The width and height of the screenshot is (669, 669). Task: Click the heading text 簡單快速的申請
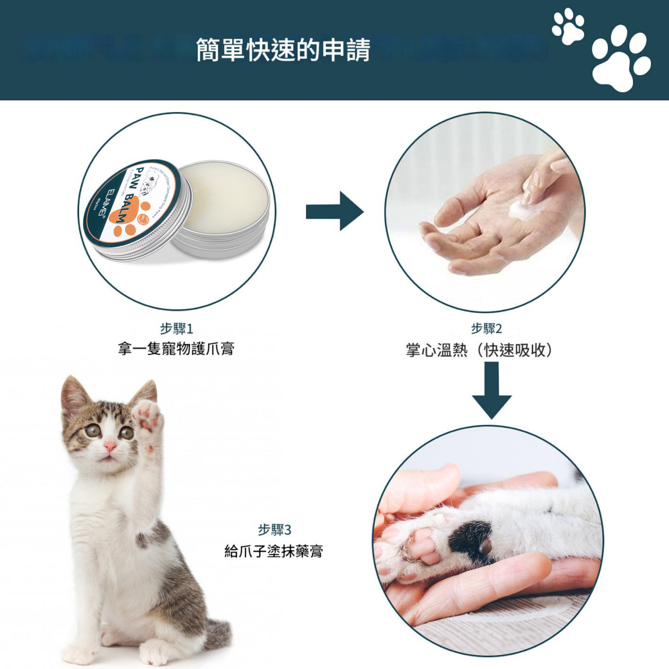283,50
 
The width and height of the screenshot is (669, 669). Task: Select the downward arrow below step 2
492,391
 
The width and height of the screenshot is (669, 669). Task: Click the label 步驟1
176,329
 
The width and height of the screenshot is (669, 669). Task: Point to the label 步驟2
486,329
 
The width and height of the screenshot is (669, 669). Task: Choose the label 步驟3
274,530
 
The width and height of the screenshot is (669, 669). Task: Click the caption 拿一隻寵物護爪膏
176,348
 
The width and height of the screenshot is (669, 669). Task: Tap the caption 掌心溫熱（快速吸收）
480,350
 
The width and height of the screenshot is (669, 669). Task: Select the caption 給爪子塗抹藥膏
274,551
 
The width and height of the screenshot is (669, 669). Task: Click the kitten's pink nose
110,446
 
